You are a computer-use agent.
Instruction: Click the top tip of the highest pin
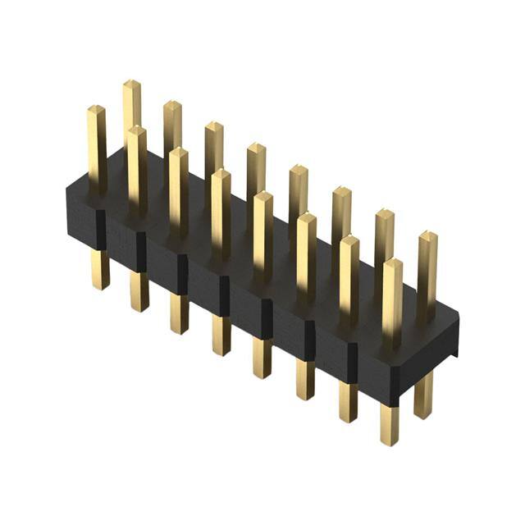click(131, 84)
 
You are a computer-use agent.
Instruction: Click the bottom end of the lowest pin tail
click(390, 439)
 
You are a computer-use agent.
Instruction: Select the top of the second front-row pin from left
click(136, 131)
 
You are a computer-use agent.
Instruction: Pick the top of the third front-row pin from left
click(178, 153)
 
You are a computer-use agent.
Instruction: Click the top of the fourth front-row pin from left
click(220, 175)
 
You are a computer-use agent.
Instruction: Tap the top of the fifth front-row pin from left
click(262, 197)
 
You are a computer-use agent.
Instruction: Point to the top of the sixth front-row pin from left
click(306, 219)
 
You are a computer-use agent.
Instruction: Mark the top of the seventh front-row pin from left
click(349, 241)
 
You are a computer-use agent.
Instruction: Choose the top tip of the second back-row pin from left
click(171, 106)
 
